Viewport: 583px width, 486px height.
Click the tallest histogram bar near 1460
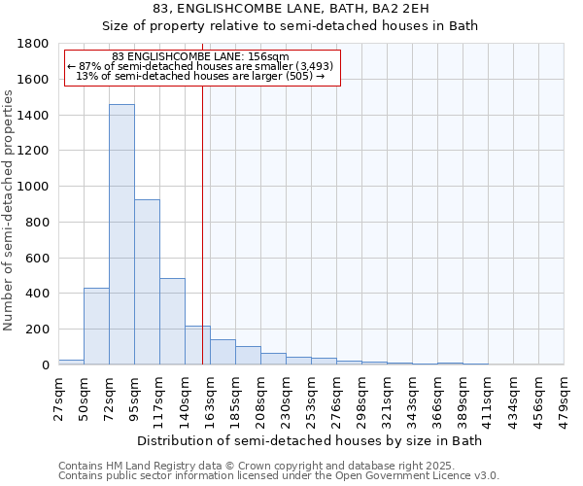pyautogui.click(x=121, y=234)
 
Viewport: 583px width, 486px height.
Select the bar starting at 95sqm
pyautogui.click(x=147, y=282)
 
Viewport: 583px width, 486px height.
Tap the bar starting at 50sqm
pyautogui.click(x=96, y=327)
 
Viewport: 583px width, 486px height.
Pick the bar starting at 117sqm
pyautogui.click(x=172, y=321)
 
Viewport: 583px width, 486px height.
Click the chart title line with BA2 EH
pyautogui.click(x=291, y=9)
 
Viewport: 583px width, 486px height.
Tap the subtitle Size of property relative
pyautogui.click(x=291, y=26)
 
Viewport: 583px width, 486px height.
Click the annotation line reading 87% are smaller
pyautogui.click(x=201, y=66)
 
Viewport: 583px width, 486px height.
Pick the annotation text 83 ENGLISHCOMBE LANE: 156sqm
pyautogui.click(x=201, y=56)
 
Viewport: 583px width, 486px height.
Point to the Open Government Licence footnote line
pyautogui.click(x=279, y=475)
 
